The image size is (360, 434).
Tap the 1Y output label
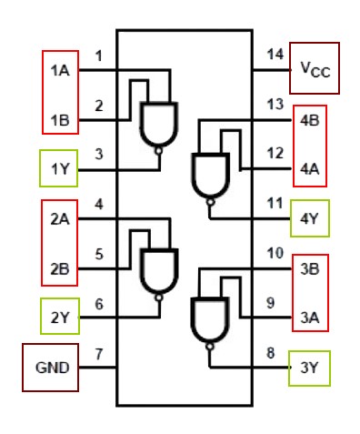61,168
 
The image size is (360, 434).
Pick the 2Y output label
61,317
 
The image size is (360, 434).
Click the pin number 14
275,55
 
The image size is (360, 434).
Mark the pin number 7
99,353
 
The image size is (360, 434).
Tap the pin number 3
99,155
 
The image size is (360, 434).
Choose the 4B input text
309,118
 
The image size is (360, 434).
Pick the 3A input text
309,317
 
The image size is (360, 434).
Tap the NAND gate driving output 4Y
210,175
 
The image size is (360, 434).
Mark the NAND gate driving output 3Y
210,321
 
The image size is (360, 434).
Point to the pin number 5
99,254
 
